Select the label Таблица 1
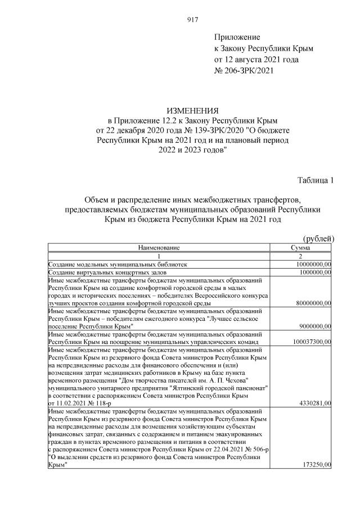316,180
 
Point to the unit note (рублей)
318,239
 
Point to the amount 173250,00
316,465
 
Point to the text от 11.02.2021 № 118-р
80,403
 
